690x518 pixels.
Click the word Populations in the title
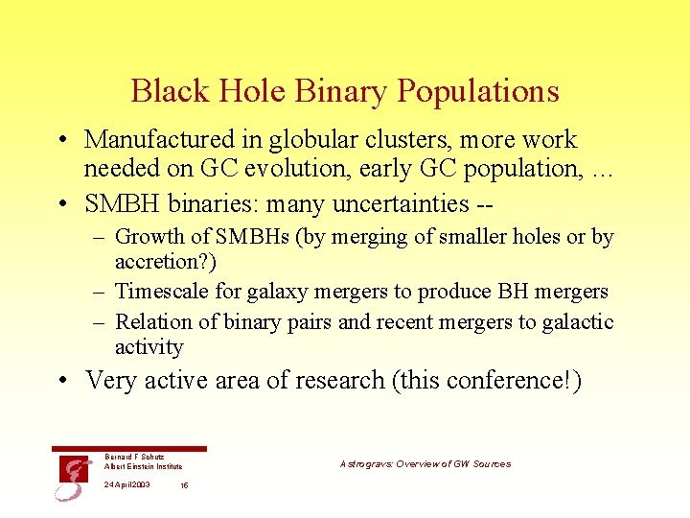tap(477, 91)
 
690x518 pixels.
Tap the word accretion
tap(156, 262)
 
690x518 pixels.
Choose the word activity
tap(149, 347)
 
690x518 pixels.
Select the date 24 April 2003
tap(126, 484)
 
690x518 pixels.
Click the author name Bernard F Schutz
tap(134, 457)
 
